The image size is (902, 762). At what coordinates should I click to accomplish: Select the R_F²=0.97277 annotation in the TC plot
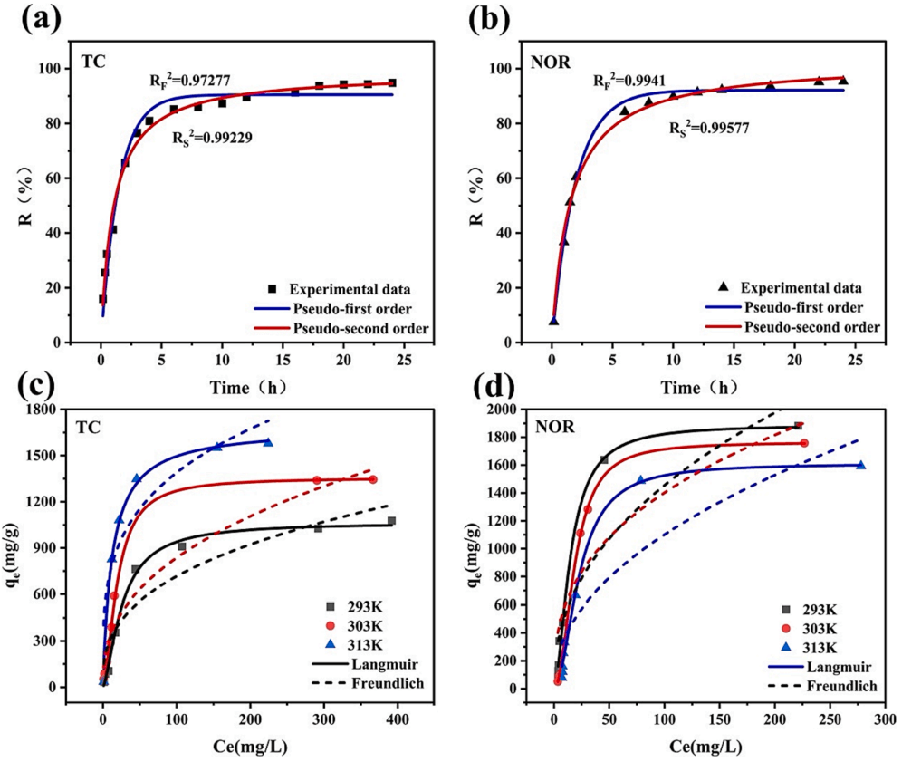[190, 81]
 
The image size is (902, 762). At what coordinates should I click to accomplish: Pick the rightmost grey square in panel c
[391, 521]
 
